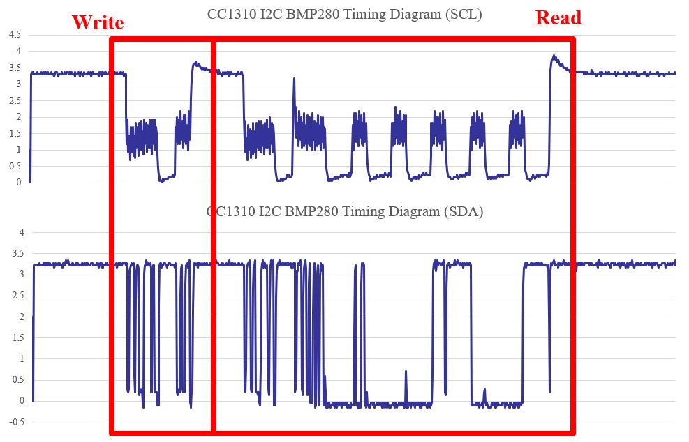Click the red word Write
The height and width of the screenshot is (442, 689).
click(x=98, y=22)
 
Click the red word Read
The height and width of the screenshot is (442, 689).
click(x=558, y=18)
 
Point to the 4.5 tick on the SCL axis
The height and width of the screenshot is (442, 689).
click(x=14, y=35)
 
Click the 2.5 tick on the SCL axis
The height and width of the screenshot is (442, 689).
click(x=14, y=100)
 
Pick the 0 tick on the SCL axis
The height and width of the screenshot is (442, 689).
click(x=19, y=183)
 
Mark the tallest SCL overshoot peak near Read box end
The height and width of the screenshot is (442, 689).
click(x=554, y=56)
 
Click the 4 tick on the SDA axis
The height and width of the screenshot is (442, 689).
click(x=21, y=232)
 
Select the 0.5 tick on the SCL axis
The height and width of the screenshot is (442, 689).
click(x=14, y=166)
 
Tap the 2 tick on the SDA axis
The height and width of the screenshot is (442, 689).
click(x=21, y=317)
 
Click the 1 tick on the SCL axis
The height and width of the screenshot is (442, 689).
click(x=19, y=150)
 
